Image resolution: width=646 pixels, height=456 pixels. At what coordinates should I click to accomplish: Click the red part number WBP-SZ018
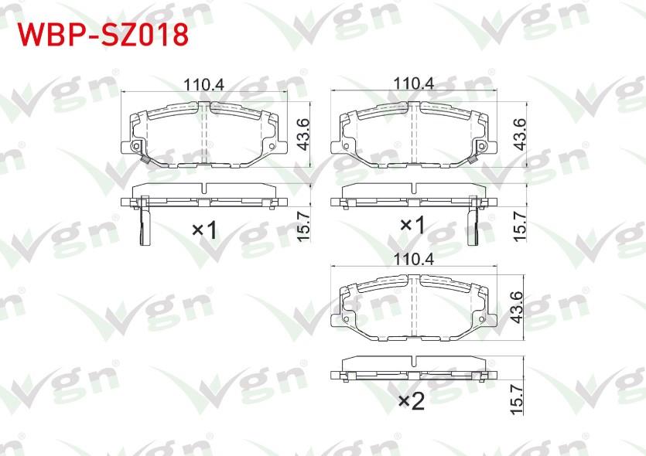(103, 35)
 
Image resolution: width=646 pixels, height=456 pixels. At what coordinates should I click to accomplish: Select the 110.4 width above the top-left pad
(203, 85)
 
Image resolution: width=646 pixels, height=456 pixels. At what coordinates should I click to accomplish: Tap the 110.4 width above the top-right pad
(414, 83)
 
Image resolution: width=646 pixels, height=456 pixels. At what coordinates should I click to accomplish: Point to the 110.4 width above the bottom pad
(414, 259)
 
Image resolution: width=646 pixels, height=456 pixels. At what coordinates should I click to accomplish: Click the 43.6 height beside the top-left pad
(303, 134)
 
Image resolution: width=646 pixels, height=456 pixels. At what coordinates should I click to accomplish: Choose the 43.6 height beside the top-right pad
(520, 134)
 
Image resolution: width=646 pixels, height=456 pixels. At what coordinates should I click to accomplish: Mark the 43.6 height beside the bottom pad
(516, 308)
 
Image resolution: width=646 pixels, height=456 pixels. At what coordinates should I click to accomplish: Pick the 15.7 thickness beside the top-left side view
(303, 226)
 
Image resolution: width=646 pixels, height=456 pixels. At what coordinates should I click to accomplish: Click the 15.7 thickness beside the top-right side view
(520, 226)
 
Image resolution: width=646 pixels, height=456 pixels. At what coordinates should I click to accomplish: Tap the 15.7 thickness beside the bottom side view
(516, 400)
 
